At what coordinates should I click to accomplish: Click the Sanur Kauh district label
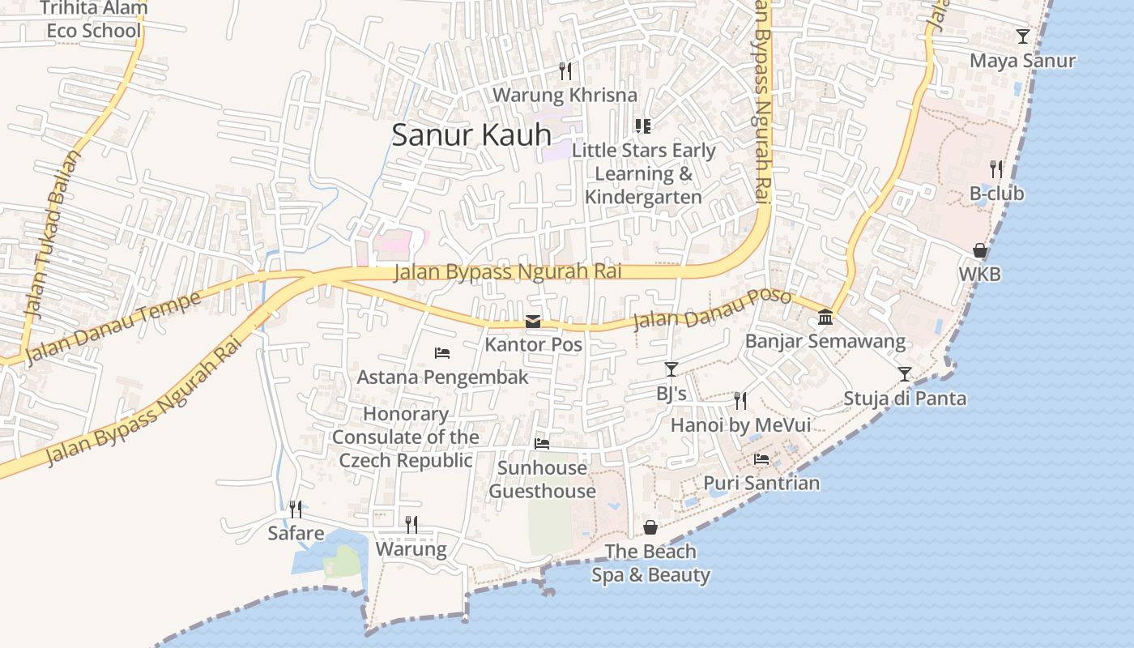click(471, 134)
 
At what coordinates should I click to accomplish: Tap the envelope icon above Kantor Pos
click(533, 322)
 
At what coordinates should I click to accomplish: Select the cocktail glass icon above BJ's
click(671, 369)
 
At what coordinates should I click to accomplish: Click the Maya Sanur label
click(1022, 61)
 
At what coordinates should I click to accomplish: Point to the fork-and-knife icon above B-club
click(996, 169)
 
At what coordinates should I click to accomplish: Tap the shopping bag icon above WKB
click(979, 250)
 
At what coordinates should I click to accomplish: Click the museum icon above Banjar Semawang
click(825, 317)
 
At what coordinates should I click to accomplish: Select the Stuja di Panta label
click(905, 399)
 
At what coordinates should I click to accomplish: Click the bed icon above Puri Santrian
click(761, 459)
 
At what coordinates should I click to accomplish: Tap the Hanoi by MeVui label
click(740, 425)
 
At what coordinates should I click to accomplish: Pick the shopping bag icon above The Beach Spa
click(650, 528)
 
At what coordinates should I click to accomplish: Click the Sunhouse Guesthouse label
click(542, 480)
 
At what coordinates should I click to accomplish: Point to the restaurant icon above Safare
click(296, 509)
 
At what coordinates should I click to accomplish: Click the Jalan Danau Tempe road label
click(113, 328)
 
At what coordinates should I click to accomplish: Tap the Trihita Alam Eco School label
click(94, 20)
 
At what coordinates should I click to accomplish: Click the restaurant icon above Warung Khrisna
click(565, 71)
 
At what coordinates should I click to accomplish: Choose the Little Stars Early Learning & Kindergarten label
click(643, 173)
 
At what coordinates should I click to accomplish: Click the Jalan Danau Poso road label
click(711, 308)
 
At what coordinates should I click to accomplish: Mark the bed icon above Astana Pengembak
click(442, 352)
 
